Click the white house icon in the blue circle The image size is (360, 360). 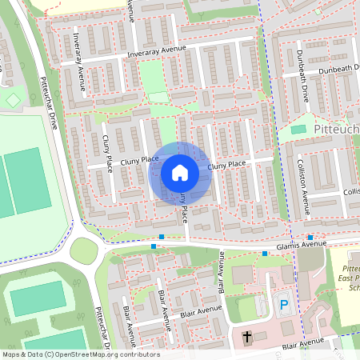pos(180,172)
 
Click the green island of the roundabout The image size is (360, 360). pos(84,251)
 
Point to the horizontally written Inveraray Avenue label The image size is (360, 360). pos(155,50)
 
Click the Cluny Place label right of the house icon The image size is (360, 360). pos(226,165)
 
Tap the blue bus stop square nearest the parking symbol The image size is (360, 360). pos(265,254)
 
